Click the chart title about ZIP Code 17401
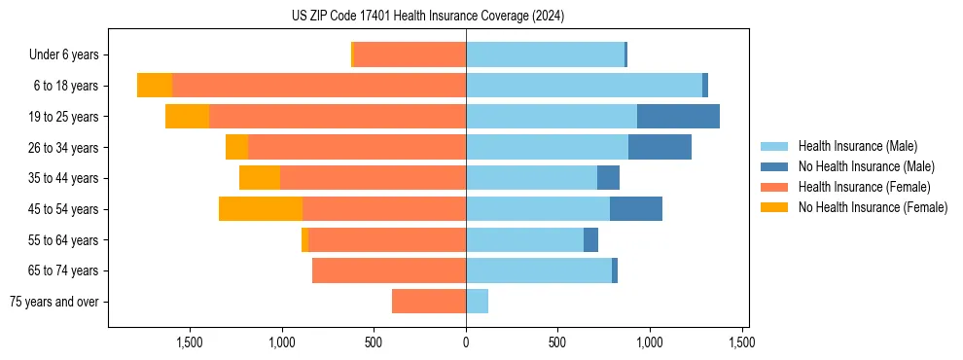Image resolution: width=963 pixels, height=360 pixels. [427, 16]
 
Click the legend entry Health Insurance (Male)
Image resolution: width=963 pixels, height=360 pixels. [857, 146]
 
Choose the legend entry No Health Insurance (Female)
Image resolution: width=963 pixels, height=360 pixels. [873, 207]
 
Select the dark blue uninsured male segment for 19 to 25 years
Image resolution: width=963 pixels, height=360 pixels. [678, 117]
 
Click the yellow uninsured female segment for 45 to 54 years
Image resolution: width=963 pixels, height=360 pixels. [261, 209]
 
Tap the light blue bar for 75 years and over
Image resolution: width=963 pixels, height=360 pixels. [477, 302]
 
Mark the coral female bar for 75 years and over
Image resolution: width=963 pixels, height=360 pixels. [429, 302]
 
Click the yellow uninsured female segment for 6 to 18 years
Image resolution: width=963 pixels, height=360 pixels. [155, 86]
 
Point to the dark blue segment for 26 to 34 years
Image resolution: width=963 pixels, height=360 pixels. [660, 148]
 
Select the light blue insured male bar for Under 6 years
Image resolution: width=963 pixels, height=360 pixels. [545, 55]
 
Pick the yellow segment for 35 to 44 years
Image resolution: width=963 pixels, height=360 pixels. [260, 178]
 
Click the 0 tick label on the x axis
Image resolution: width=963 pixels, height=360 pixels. [466, 342]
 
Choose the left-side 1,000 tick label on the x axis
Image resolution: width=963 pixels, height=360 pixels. [281, 342]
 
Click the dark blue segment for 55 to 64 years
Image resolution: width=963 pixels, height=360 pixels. [590, 240]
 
